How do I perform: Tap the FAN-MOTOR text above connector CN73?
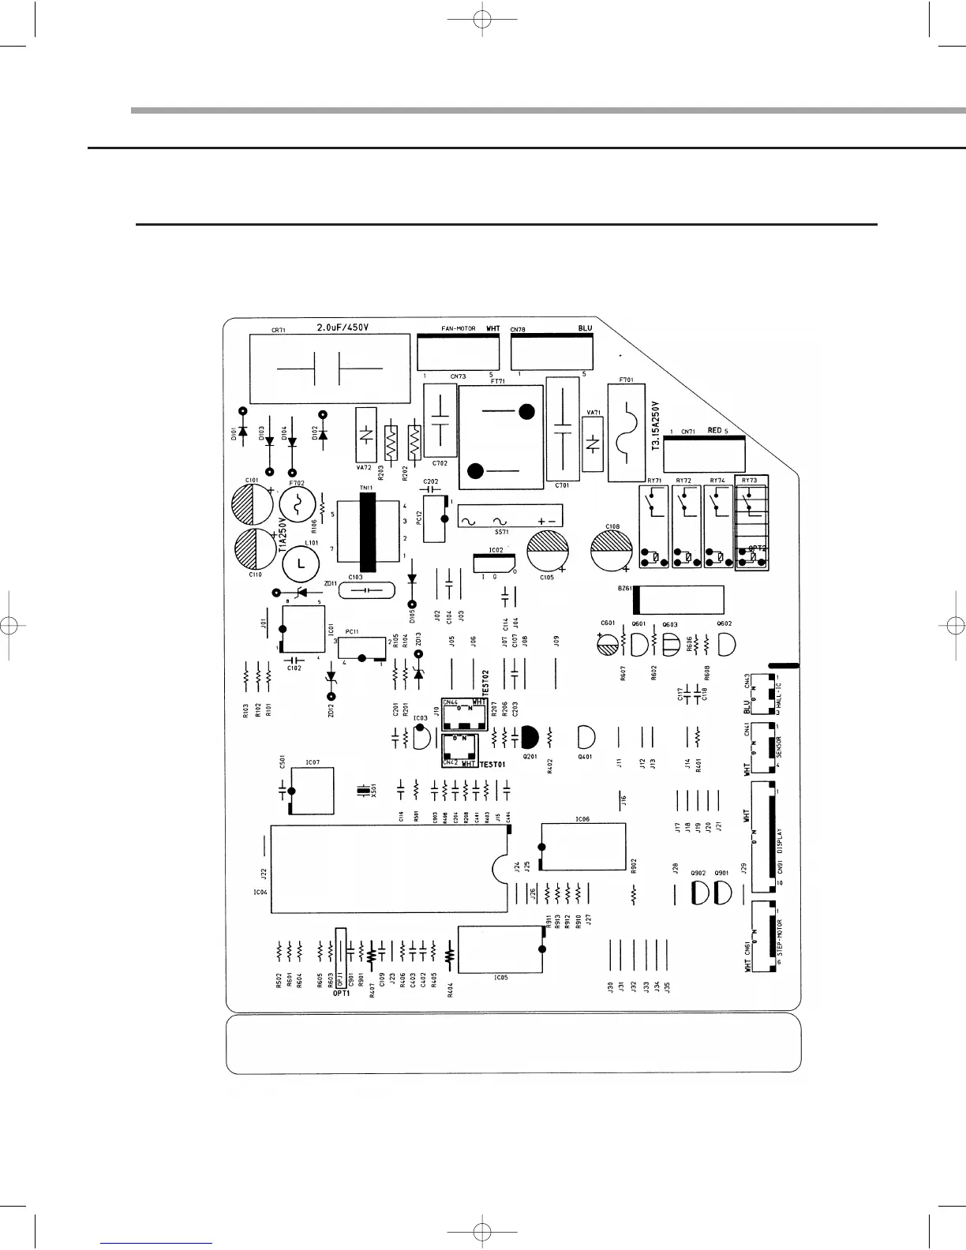458,327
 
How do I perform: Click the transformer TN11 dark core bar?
364,534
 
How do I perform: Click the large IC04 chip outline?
387,869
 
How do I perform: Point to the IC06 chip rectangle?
584,848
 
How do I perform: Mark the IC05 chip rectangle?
500,950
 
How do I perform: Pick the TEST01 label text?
493,765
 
